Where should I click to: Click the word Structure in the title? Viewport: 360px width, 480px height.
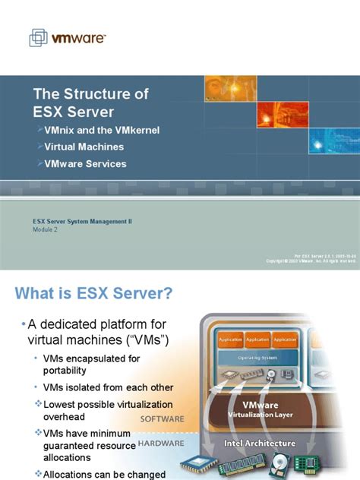93,94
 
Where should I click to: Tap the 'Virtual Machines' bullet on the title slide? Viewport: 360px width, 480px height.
84,147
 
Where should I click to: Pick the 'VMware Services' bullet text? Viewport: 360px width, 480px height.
85,163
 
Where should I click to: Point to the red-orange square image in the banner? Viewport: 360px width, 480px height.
224,89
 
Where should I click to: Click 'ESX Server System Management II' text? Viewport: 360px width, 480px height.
82,221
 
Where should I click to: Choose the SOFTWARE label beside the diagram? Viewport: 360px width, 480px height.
163,418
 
